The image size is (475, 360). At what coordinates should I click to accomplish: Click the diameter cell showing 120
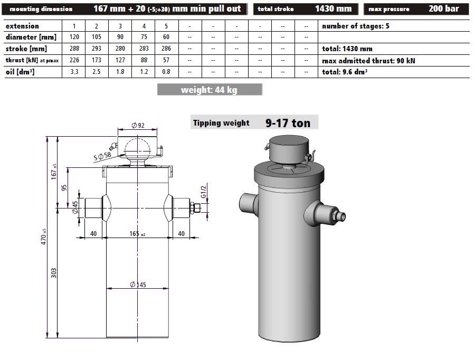[x=74, y=37]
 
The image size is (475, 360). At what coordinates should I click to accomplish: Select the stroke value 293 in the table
[x=97, y=49]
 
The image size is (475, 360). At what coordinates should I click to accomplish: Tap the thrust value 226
[x=74, y=60]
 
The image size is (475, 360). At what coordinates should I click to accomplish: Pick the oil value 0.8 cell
[x=166, y=72]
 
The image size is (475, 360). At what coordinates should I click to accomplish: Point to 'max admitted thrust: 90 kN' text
[x=368, y=61]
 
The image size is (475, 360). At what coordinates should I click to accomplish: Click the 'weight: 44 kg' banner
[x=210, y=90]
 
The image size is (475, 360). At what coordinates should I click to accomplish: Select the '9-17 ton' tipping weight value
[x=288, y=123]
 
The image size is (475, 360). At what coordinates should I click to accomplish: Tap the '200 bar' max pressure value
[x=444, y=8]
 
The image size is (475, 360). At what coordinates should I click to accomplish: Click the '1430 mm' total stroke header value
[x=333, y=8]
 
